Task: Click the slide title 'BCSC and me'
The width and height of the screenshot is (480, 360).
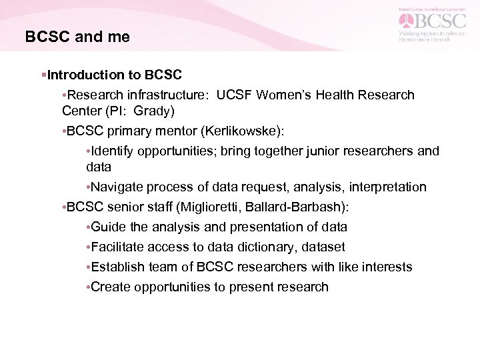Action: pos(77,37)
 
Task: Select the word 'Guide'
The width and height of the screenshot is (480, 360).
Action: pos(109,227)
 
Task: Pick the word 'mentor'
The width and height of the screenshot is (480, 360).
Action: pos(185,131)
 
